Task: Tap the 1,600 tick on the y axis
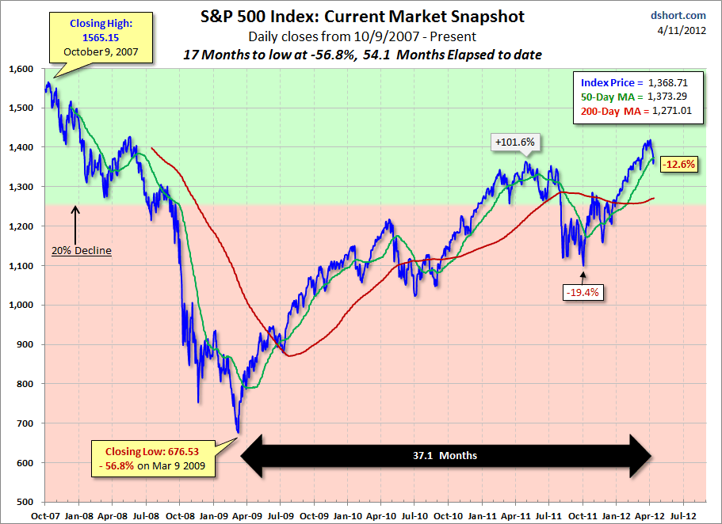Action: [x=21, y=69]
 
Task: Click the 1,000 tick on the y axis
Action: [x=21, y=306]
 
